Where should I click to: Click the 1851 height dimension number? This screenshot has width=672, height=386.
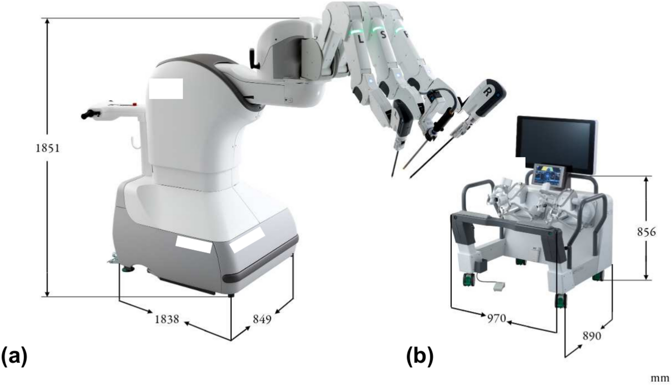coord(48,148)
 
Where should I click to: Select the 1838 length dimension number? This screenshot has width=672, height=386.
coord(167,319)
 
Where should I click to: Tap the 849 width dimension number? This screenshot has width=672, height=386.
coord(262,319)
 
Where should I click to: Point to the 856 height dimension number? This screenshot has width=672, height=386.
coord(646,232)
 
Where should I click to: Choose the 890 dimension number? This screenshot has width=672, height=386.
coord(592,336)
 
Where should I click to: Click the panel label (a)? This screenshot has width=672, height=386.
coord(14,357)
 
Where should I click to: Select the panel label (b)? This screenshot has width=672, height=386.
coord(420,357)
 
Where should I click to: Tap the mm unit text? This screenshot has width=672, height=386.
coord(660,379)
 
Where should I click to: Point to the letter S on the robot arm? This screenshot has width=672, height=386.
coord(383,34)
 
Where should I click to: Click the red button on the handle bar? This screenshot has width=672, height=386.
coord(135,104)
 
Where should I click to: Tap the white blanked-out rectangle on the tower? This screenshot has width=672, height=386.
coord(165,89)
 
